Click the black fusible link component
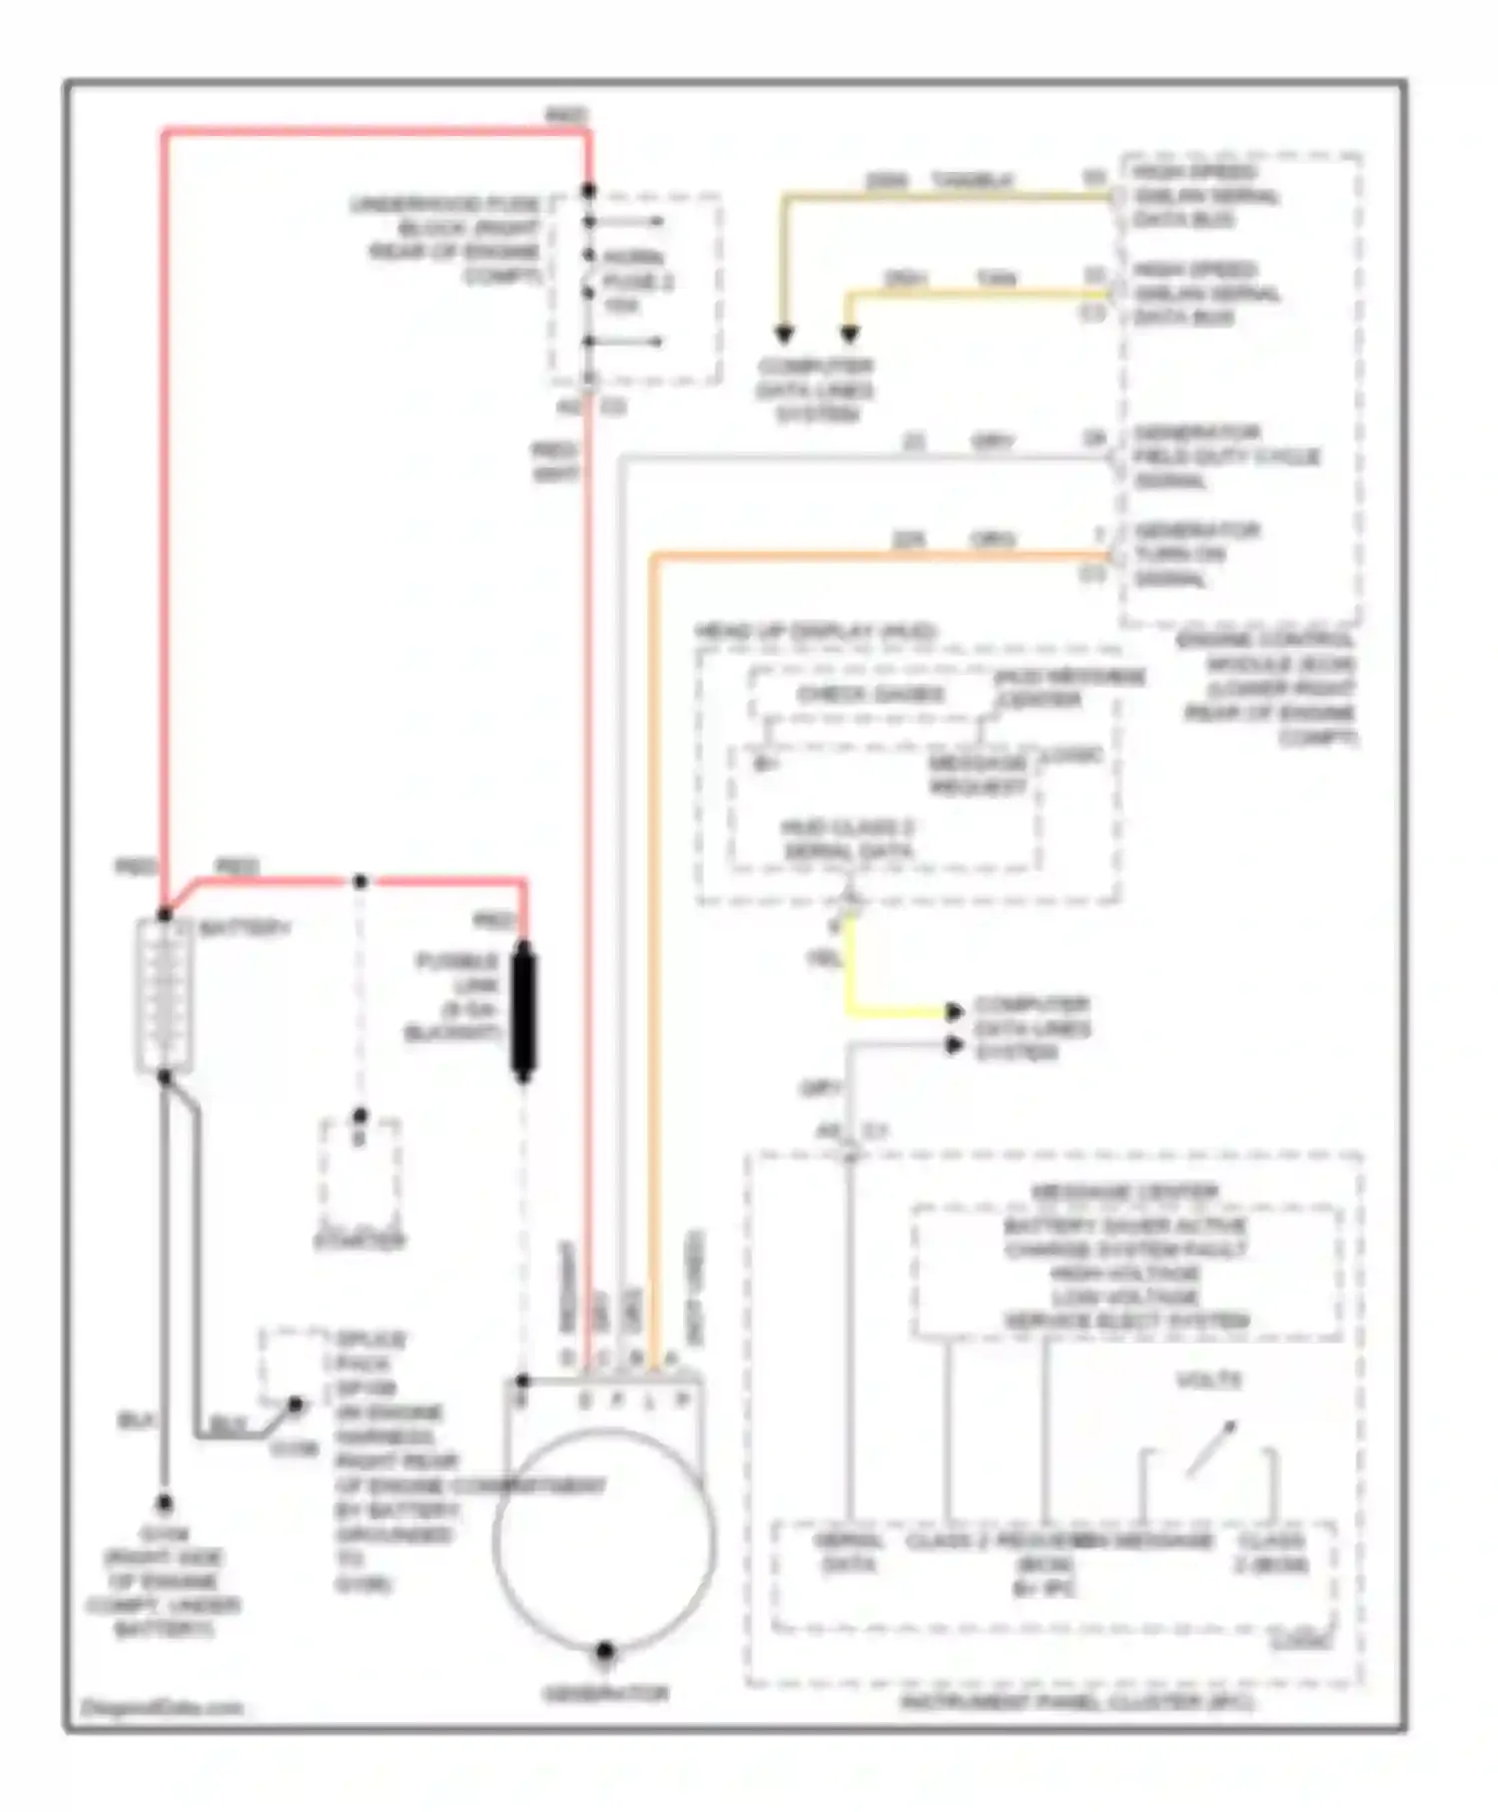coord(523,1011)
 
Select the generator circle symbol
coord(604,1538)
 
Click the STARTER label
coord(360,1242)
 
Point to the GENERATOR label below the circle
coord(605,1693)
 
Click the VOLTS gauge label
coord(1209,1380)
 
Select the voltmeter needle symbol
coord(1211,1448)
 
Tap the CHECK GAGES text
coord(870,694)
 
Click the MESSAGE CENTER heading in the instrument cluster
coord(1124,1193)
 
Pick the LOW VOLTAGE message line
coord(1124,1298)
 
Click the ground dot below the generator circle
coord(604,1651)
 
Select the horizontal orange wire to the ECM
coord(879,553)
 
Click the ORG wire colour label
coord(993,539)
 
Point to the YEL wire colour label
coord(823,959)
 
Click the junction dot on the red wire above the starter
coord(361,881)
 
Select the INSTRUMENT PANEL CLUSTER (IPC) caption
coord(1078,1700)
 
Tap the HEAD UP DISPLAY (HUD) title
coord(815,632)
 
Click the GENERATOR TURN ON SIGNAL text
coord(1195,554)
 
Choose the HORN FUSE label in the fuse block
coord(637,282)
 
